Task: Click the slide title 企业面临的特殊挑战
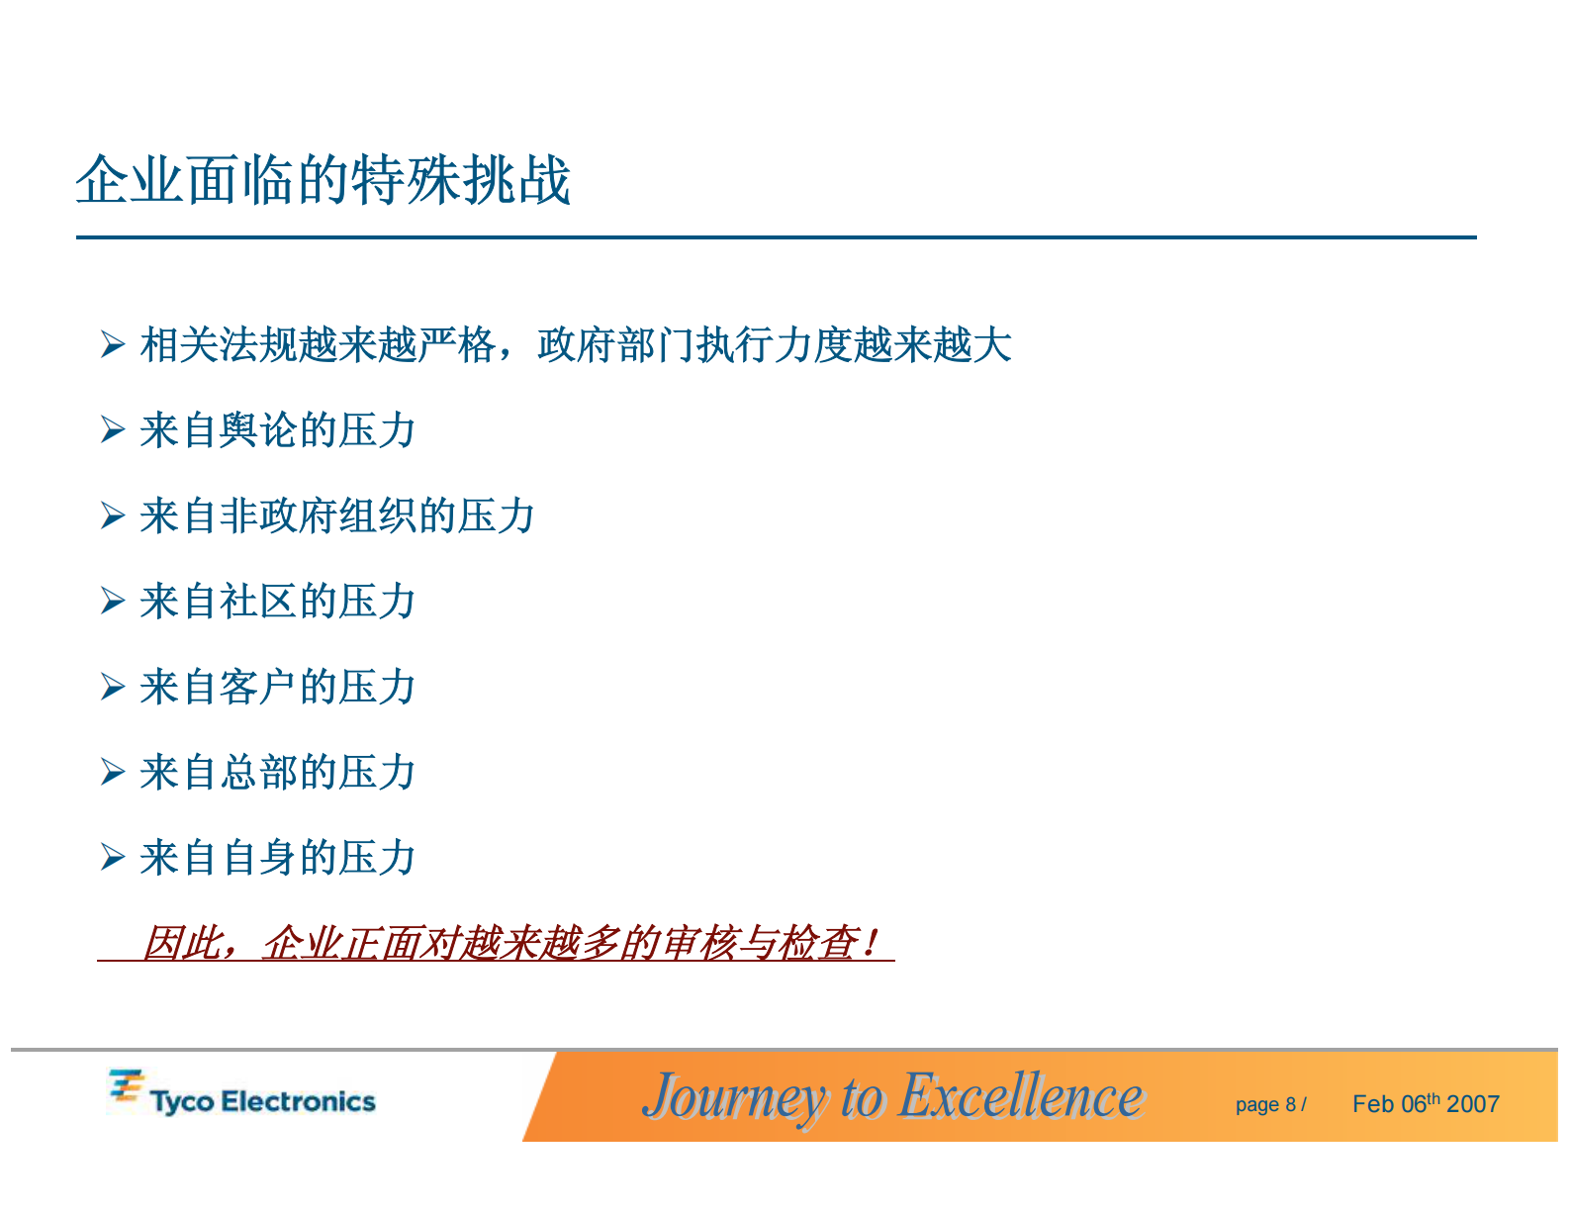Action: [x=323, y=180]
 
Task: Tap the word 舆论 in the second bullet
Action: [x=258, y=430]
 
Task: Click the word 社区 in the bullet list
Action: [x=258, y=602]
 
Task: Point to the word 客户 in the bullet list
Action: [x=258, y=688]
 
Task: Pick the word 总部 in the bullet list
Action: [x=258, y=773]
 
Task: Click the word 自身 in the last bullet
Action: [x=258, y=858]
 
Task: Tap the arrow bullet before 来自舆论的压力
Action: [x=112, y=430]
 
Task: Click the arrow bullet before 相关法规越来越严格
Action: [x=112, y=345]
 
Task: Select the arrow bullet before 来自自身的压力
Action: [x=112, y=858]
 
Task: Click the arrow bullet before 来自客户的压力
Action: [x=112, y=688]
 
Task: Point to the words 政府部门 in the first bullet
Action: [x=616, y=345]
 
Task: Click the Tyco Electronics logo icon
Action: [x=126, y=1086]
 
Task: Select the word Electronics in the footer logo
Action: [x=298, y=1102]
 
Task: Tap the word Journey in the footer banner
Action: [x=733, y=1096]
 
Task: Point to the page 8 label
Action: [x=1265, y=1105]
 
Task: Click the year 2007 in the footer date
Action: [x=1473, y=1104]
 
